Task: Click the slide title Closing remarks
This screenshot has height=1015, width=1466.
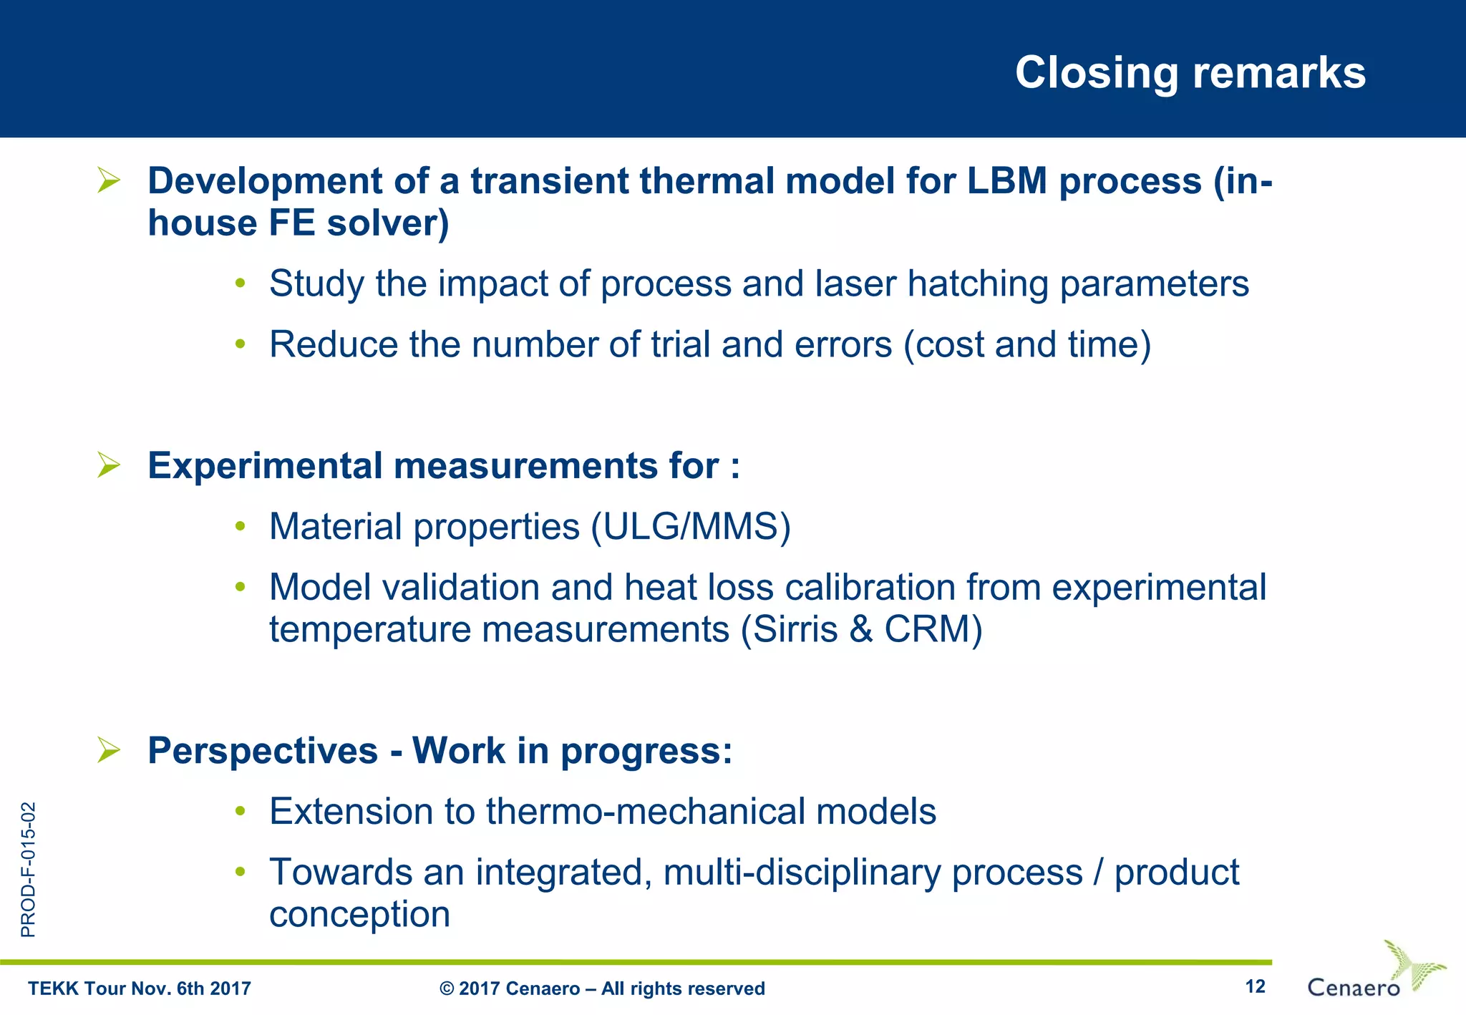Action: click(x=1190, y=73)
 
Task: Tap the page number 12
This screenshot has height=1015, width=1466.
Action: click(x=1255, y=986)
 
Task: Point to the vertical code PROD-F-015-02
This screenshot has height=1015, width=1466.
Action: click(x=28, y=870)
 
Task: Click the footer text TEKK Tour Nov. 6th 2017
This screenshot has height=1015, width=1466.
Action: click(x=140, y=989)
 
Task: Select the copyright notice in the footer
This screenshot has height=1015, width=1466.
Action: click(x=602, y=989)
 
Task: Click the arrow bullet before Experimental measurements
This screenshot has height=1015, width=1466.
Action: click(x=109, y=465)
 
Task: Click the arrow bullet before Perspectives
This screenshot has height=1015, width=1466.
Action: click(x=109, y=750)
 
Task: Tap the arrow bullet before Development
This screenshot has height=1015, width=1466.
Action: click(x=109, y=180)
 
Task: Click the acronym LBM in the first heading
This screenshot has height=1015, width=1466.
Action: click(x=1007, y=180)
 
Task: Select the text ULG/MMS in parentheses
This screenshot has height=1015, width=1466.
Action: click(x=691, y=527)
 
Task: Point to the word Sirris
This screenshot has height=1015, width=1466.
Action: click(x=795, y=630)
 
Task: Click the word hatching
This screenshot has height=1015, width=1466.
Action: click(x=978, y=283)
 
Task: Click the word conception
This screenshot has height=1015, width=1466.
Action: click(x=359, y=915)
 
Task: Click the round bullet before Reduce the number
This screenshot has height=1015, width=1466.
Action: click(x=241, y=344)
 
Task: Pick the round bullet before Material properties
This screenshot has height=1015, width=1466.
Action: click(x=241, y=527)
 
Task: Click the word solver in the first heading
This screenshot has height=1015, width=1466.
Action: click(x=387, y=223)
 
